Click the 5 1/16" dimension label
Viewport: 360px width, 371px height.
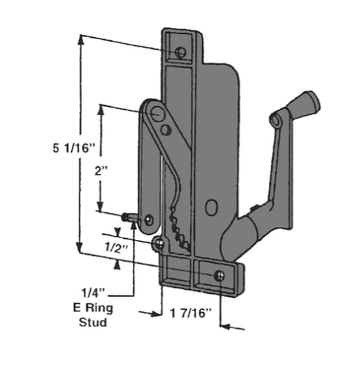click(x=74, y=148)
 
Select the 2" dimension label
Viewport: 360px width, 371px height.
click(x=101, y=171)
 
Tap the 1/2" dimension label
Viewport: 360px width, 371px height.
click(x=116, y=248)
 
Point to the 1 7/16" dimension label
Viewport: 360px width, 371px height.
click(x=191, y=313)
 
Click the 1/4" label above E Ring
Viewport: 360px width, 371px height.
click(x=93, y=293)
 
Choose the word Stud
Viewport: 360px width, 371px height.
click(x=92, y=322)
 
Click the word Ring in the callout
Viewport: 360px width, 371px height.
click(x=99, y=308)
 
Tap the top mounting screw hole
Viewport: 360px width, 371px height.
click(x=181, y=52)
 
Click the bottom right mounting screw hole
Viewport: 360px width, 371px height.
click(x=220, y=276)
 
